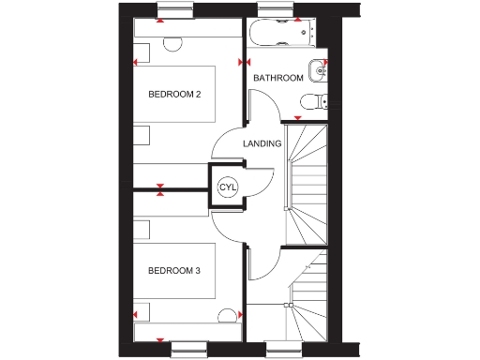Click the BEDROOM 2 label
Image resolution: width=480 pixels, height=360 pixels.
click(x=176, y=95)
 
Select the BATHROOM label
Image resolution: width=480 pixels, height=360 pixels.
click(x=278, y=79)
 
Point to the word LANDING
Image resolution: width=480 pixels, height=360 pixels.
click(x=262, y=144)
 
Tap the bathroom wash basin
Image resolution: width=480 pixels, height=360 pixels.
click(x=322, y=70)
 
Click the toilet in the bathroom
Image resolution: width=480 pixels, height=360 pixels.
click(x=322, y=101)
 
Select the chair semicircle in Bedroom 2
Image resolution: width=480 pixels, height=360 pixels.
click(x=172, y=43)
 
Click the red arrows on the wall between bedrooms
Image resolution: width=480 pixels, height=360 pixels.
click(x=162, y=190)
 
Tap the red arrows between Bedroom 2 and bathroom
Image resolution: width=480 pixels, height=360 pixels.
click(x=244, y=63)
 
